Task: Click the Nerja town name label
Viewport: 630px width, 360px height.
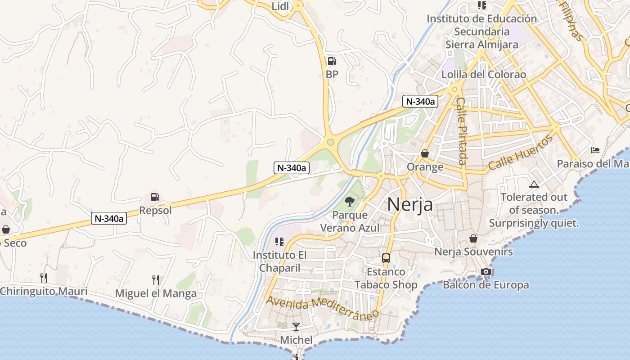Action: pos(410,204)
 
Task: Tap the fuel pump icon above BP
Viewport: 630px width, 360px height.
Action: pos(332,61)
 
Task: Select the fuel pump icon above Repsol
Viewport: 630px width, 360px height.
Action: pos(155,197)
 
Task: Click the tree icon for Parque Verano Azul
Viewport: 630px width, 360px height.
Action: pos(350,202)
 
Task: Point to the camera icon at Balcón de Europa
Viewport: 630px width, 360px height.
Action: pos(486,271)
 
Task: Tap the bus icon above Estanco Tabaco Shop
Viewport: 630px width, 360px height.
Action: pos(386,258)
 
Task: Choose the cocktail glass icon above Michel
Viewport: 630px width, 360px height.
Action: pos(296,327)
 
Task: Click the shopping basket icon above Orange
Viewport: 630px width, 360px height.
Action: pos(425,153)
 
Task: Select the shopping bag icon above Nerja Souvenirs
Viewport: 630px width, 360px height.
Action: pos(473,238)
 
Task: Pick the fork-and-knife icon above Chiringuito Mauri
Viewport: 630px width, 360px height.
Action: pos(43,278)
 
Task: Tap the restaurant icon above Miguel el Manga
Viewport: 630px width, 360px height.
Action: pos(156,280)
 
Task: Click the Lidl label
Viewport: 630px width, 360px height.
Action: pos(280,6)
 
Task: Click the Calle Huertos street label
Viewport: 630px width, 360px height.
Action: pos(521,153)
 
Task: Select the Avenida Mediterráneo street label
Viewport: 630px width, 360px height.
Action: pos(322,308)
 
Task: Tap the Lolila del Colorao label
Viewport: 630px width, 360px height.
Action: pos(484,75)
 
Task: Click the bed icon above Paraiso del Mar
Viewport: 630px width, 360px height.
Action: pos(595,150)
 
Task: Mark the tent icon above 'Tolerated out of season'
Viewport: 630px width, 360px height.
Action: pos(534,184)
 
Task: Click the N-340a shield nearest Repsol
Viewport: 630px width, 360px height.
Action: pos(108,219)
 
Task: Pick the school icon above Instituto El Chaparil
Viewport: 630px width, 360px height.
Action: pos(279,242)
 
